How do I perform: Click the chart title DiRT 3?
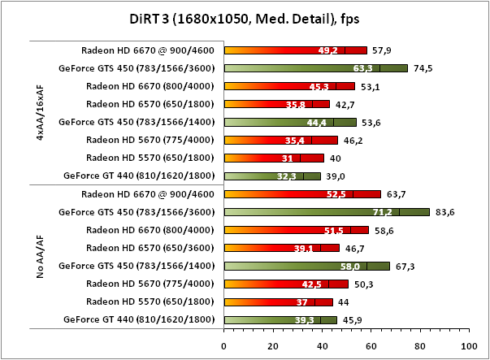(245, 19)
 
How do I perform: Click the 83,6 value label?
(447, 212)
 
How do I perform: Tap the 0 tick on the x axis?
(223, 345)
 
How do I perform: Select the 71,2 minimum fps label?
(382, 212)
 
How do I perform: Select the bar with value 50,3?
(285, 284)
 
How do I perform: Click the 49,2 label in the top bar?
(328, 50)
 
